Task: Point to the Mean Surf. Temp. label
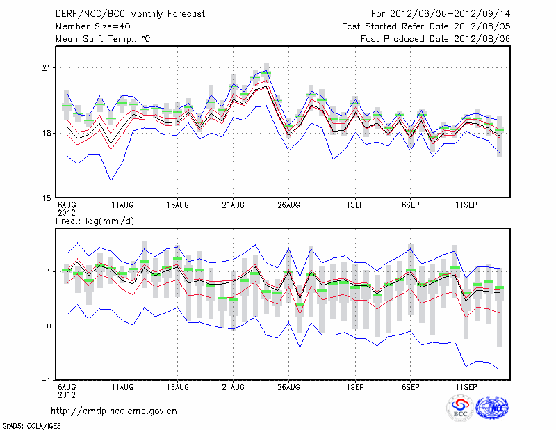click(x=103, y=39)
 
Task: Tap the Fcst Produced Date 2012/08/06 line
click(x=436, y=39)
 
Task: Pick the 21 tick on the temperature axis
click(x=47, y=68)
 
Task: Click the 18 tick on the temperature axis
click(x=47, y=133)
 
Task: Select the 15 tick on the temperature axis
click(x=47, y=198)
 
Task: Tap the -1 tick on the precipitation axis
click(x=46, y=381)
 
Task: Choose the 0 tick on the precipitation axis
click(x=48, y=326)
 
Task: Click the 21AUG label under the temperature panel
click(x=234, y=206)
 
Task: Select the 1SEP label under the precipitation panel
click(x=356, y=386)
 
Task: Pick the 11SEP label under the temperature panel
click(x=466, y=206)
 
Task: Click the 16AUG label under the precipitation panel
click(x=178, y=386)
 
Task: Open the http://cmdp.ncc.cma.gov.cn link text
click(x=115, y=411)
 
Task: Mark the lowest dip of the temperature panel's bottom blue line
click(x=111, y=180)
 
